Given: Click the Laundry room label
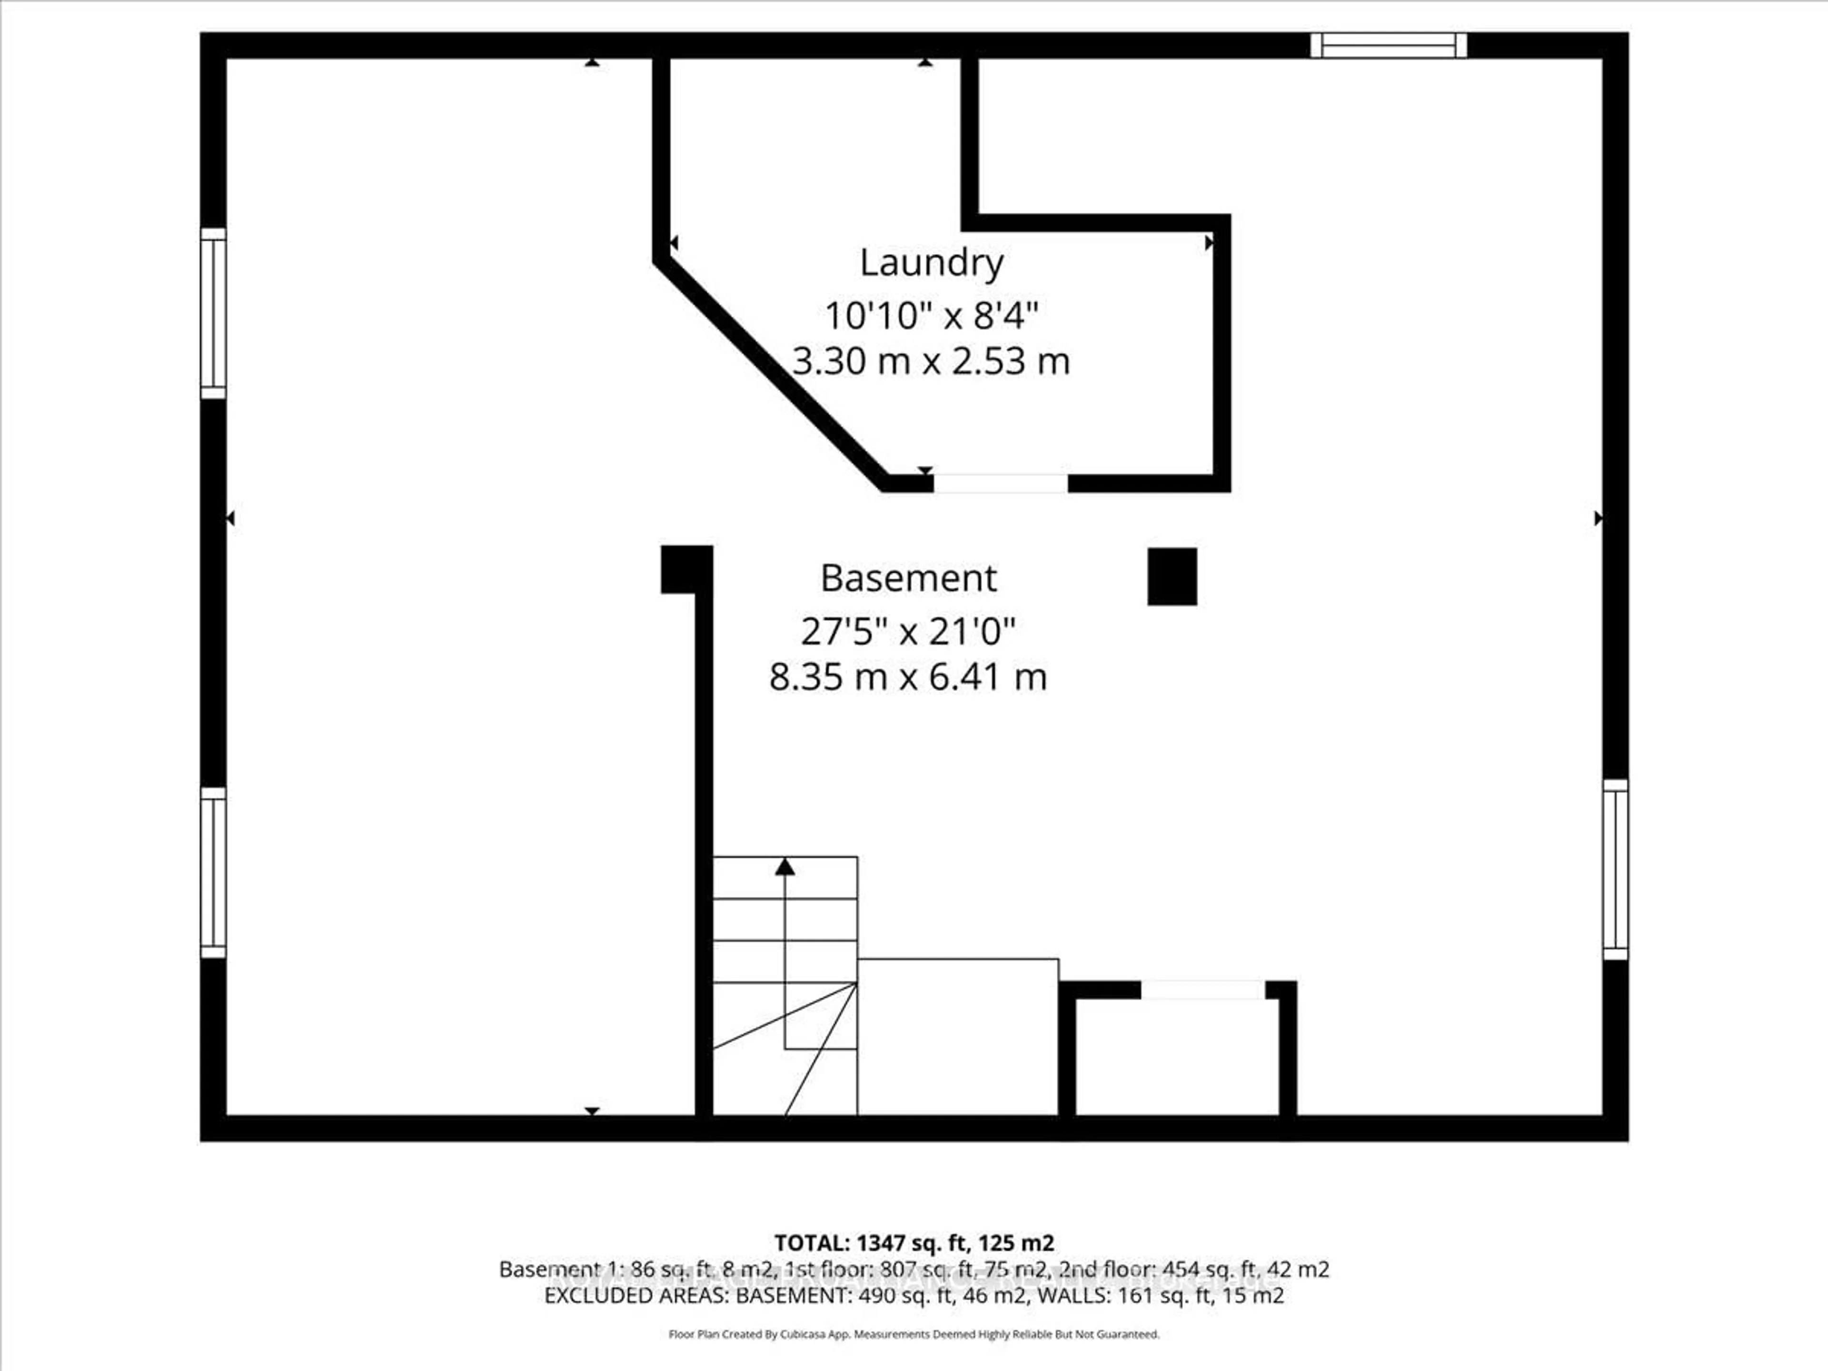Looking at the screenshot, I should coord(931,263).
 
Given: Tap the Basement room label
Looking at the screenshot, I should coord(908,578).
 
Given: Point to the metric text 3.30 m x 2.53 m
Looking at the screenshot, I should coord(931,361).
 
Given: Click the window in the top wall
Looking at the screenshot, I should coord(1388,45).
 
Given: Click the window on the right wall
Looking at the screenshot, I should coord(1616,869).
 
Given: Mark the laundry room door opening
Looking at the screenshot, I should coord(1000,484).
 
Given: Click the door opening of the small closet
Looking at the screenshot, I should coord(1202,989).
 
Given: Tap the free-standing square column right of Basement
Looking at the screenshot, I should coord(1172,577).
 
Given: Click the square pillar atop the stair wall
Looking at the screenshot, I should coord(686,569).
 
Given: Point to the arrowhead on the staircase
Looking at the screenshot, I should coord(785,867).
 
